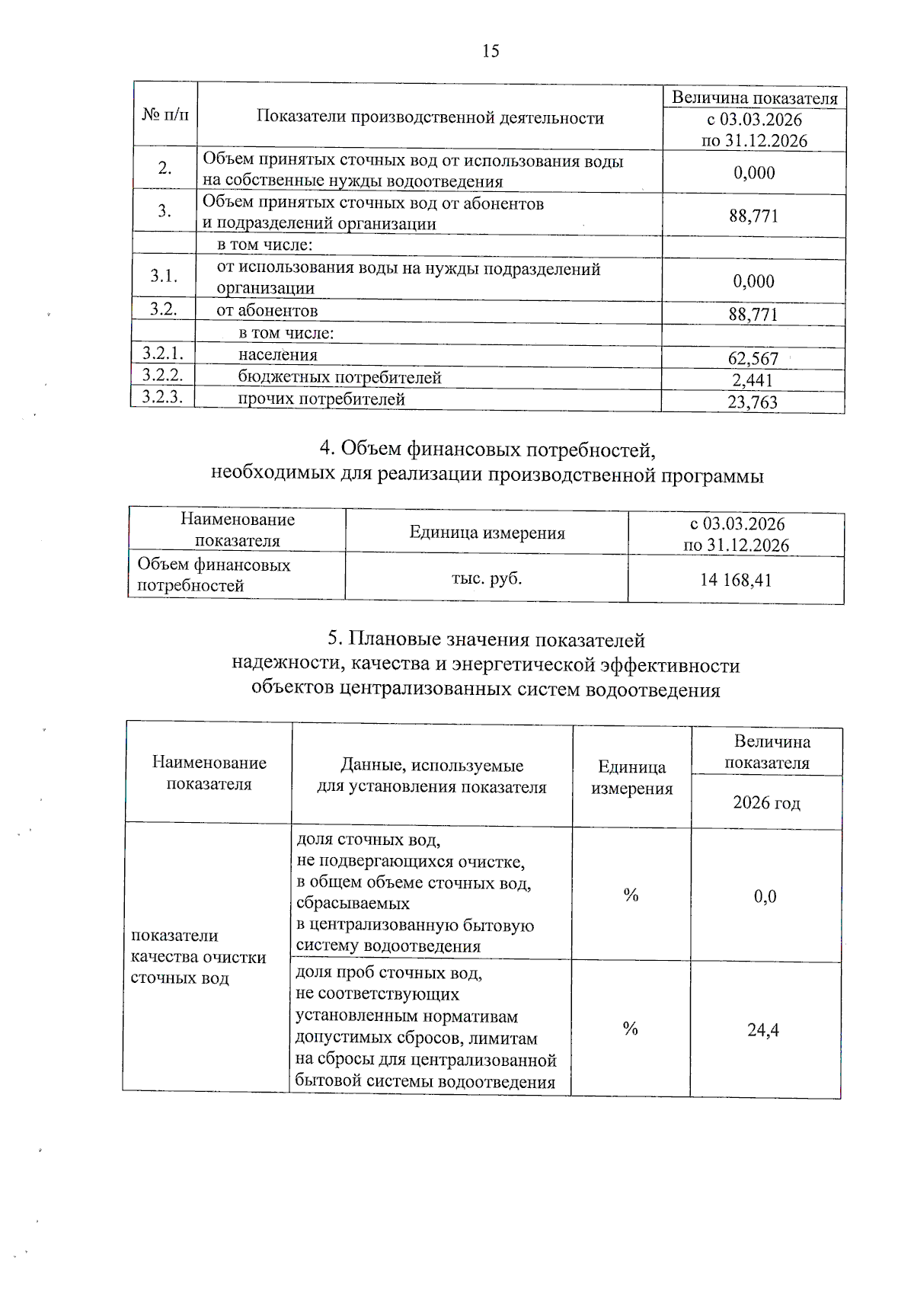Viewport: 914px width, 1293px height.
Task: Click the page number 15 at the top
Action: point(491,51)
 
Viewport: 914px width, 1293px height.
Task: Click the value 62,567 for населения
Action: point(753,359)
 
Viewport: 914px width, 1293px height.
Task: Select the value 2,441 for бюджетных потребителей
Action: point(753,380)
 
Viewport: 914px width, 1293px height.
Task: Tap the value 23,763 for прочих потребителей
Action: point(753,402)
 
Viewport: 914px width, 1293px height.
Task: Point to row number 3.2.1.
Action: point(163,354)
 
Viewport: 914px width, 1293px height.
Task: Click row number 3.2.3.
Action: point(163,397)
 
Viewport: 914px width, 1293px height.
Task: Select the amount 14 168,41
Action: point(736,581)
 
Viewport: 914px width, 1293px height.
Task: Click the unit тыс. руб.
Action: point(487,578)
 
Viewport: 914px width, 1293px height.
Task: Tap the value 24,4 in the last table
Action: point(763,1030)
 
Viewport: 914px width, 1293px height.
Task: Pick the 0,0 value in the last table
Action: point(765,897)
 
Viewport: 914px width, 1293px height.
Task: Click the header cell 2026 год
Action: point(766,803)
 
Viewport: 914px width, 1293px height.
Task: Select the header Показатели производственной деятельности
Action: point(430,117)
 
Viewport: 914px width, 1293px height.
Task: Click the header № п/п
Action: point(165,115)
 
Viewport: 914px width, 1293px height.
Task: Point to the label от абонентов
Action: point(267,311)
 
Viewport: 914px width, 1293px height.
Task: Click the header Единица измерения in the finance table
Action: point(487,533)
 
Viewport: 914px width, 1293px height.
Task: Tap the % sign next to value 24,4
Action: point(630,1029)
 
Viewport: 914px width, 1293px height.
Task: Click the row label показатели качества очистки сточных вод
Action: point(198,957)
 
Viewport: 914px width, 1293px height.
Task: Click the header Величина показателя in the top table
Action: point(754,98)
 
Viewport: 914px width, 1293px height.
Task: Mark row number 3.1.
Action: point(164,276)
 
